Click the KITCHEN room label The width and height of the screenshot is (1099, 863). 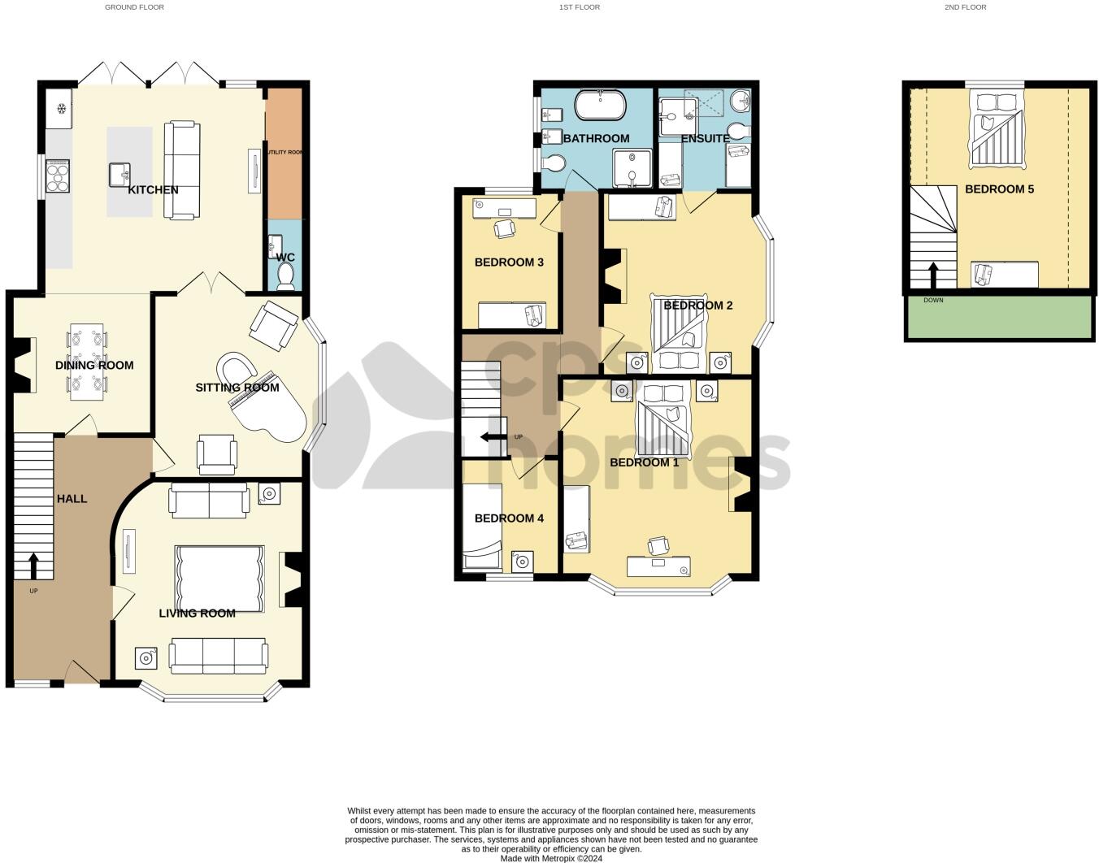point(153,189)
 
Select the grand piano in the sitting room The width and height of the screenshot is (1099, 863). point(260,398)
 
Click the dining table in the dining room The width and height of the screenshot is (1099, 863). point(87,362)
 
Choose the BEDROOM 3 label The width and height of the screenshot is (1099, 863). point(509,262)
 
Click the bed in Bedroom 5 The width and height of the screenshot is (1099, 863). point(996,130)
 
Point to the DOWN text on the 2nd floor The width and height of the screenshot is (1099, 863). point(933,301)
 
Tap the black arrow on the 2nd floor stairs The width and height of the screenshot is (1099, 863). point(933,275)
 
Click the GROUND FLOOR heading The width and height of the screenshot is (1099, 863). point(134,7)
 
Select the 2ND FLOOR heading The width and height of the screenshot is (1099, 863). point(965,7)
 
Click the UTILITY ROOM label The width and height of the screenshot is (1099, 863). point(284,152)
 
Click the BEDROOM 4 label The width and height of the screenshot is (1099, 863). point(509,518)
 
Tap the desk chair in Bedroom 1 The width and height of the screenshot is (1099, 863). point(658,544)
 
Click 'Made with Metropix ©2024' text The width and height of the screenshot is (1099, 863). point(551,858)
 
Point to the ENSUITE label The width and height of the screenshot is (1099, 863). point(705,138)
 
